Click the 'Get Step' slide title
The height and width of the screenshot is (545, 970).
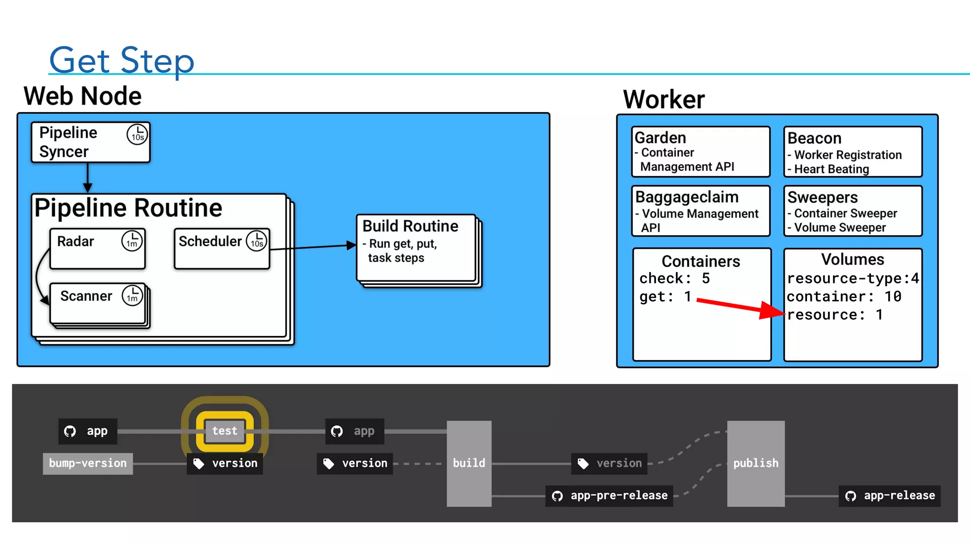point(122,60)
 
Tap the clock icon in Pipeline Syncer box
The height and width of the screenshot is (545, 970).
point(137,134)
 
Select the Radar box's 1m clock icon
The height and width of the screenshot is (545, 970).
point(132,241)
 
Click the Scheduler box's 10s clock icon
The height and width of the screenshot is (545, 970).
point(257,241)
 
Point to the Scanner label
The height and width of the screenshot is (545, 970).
point(86,296)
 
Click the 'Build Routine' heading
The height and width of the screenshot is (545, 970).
point(410,226)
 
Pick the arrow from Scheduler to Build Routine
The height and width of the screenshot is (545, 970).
point(313,246)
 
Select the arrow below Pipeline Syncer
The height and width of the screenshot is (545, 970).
point(88,178)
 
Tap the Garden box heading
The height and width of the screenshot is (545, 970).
point(660,138)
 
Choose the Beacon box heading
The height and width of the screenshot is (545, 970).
point(814,138)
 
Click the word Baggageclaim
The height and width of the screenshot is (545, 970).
point(687,197)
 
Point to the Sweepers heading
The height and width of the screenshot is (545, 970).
point(822,197)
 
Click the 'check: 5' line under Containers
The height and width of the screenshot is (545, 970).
point(674,279)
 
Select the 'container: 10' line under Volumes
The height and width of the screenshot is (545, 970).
point(844,297)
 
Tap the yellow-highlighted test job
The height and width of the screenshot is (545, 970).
point(225,431)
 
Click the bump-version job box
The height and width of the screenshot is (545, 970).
point(88,463)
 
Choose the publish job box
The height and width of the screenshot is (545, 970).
point(755,463)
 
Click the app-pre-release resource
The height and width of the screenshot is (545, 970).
point(610,496)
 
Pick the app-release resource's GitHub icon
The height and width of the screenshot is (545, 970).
point(851,496)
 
